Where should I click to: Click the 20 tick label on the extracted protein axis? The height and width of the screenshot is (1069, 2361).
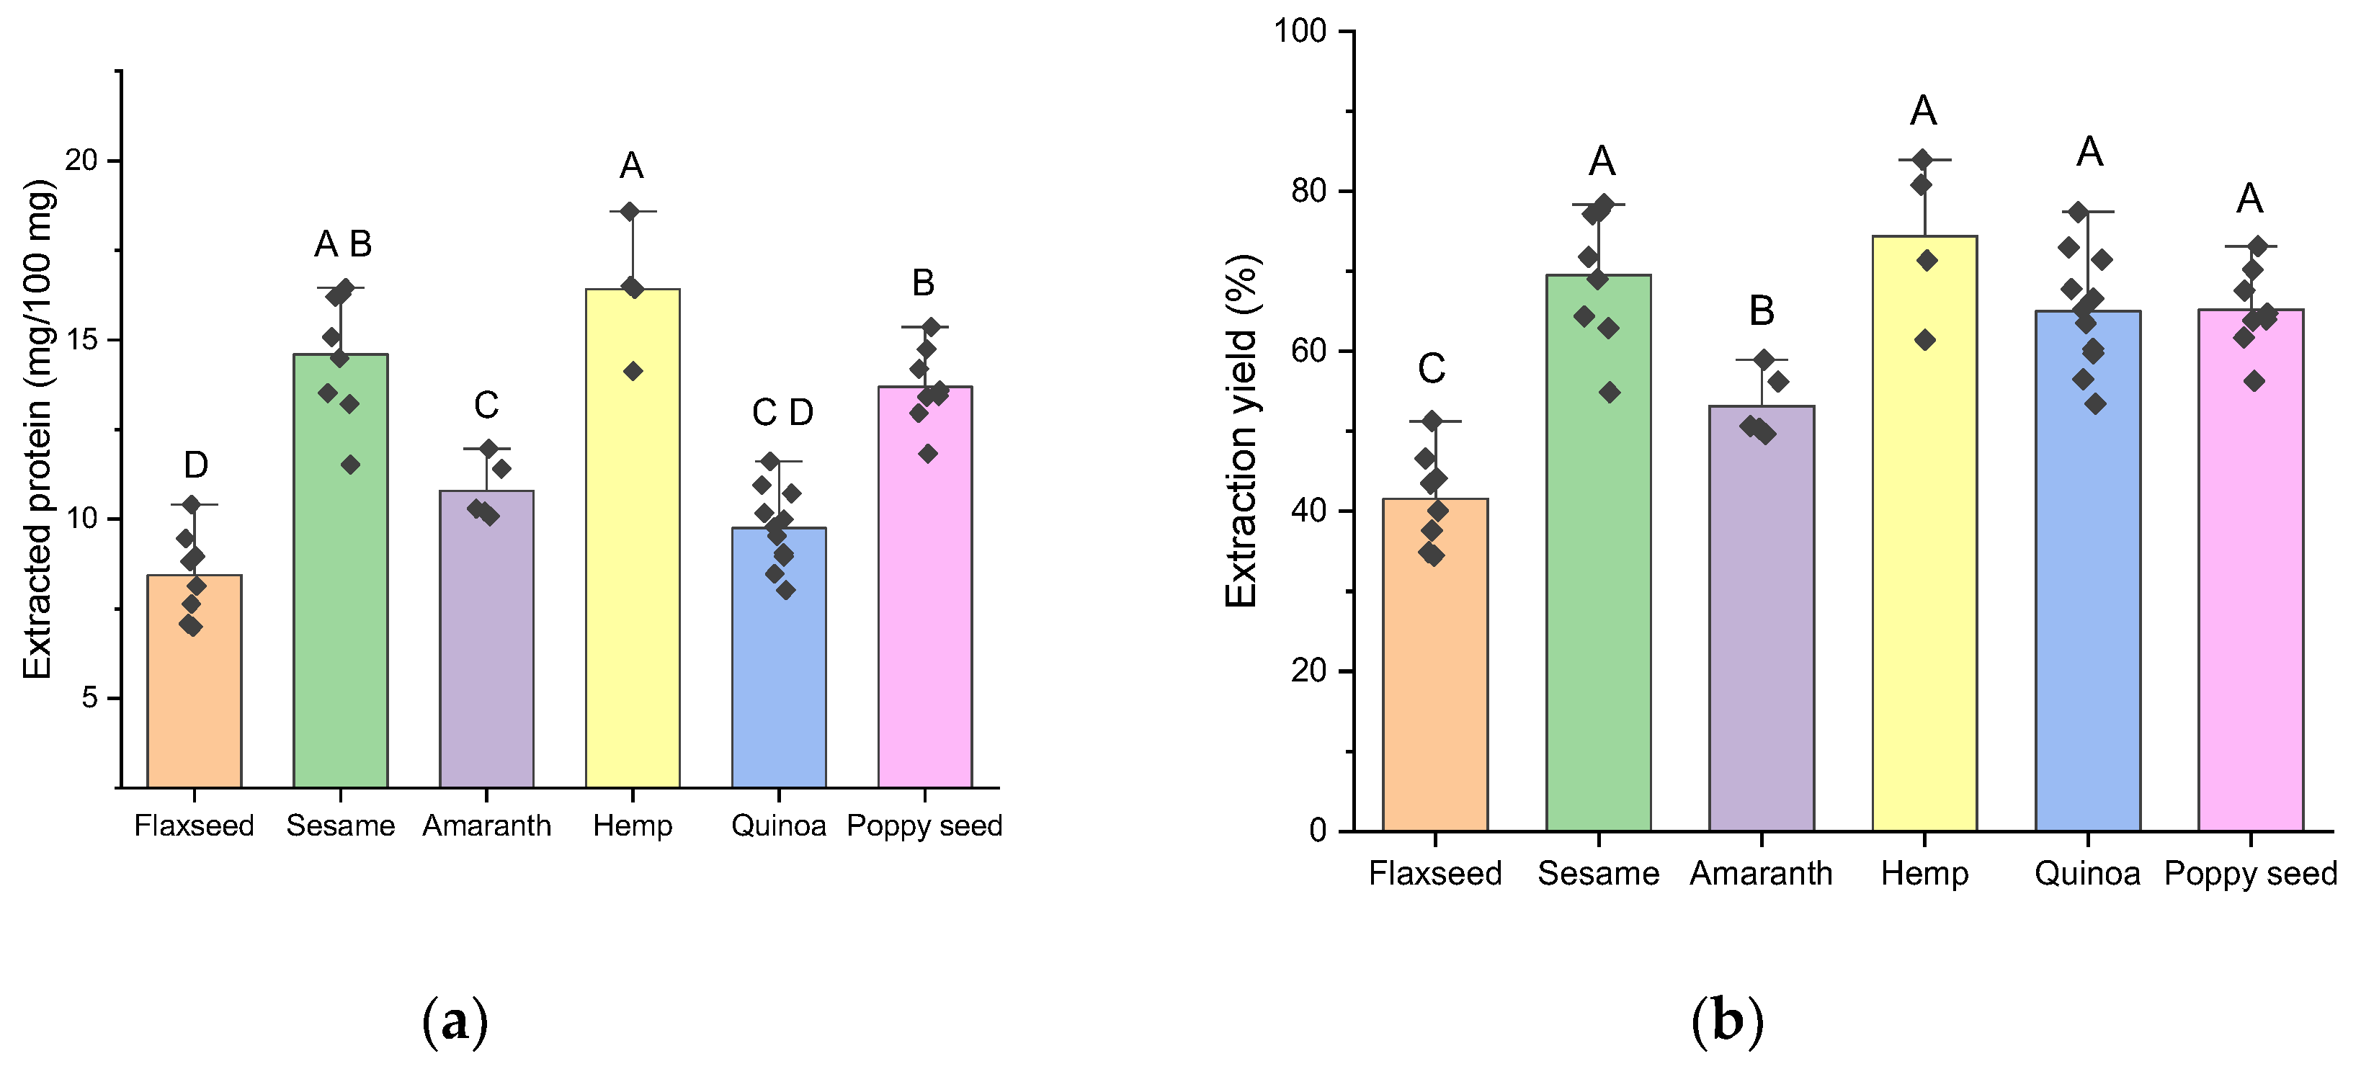point(81,161)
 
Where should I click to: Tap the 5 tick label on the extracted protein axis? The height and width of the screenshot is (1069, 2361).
point(89,698)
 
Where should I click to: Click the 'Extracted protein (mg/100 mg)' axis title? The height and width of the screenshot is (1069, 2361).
point(37,429)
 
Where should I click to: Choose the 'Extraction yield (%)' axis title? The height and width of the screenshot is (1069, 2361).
point(1242,431)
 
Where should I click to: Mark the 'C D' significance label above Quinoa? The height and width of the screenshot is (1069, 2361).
point(782,413)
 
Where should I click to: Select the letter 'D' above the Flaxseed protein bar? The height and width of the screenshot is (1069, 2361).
point(195,465)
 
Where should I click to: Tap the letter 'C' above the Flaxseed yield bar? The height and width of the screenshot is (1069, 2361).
point(1432,369)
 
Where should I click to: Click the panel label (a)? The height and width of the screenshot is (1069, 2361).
point(455,1021)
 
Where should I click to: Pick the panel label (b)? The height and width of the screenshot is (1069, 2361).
point(1727,1021)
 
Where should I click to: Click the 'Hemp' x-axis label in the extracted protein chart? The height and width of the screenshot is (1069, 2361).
point(633,826)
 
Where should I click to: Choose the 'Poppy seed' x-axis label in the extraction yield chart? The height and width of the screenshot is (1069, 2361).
point(2250,874)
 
